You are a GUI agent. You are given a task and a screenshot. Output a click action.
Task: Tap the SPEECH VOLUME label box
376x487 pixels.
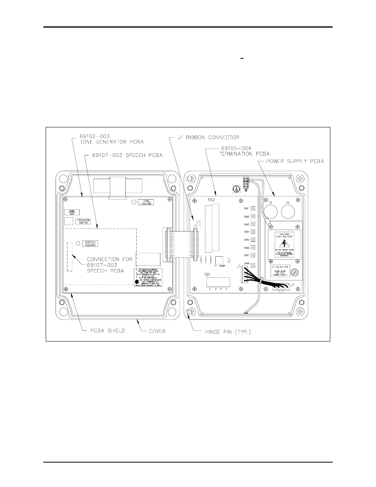pos(90,244)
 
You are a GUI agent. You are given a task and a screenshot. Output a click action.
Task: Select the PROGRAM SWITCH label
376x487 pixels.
pos(83,221)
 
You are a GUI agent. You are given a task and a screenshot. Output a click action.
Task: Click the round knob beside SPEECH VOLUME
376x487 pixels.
pos(78,243)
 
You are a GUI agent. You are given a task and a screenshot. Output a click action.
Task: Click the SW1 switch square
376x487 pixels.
pos(253,208)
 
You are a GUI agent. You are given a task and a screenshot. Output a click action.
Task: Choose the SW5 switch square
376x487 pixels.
pos(253,240)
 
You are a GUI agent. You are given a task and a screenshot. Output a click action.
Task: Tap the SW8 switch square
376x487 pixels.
pos(253,265)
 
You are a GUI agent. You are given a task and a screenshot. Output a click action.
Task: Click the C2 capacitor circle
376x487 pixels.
pos(270,210)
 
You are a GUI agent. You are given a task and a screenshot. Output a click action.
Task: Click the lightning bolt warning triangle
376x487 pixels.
pos(285,243)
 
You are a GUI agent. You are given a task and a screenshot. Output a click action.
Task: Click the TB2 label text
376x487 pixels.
pos(211,200)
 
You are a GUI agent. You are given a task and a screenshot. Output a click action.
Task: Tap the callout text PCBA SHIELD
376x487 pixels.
pos(105,330)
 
